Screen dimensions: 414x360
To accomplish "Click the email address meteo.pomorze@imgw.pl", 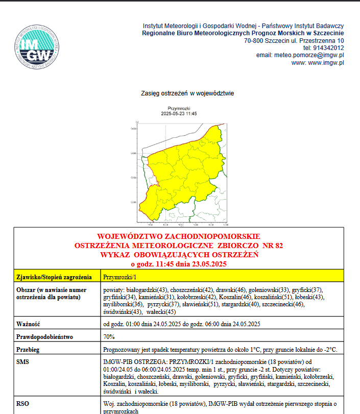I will tap(309, 55).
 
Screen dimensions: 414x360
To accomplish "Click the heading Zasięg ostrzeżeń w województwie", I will tap(187, 94).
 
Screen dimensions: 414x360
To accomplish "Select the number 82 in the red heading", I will tap(279, 246).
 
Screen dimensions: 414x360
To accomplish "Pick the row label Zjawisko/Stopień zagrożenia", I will tap(50, 277).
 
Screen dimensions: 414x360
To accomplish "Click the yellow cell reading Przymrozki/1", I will tap(120, 277).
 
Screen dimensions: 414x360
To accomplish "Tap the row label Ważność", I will tap(28, 324).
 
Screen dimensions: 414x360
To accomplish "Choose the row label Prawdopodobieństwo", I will tap(45, 337).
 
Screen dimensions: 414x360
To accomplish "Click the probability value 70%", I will tap(109, 337).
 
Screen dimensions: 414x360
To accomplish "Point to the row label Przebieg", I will tap(29, 350).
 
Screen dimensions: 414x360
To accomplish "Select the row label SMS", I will tap(23, 361).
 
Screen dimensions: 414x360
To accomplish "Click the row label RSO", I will tap(22, 403).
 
